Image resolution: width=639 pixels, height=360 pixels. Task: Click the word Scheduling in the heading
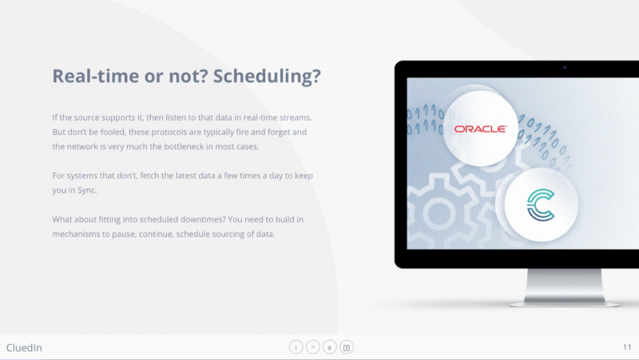click(x=267, y=76)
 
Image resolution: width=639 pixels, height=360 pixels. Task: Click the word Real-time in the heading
click(x=95, y=76)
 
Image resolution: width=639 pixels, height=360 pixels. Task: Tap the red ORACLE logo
click(x=481, y=129)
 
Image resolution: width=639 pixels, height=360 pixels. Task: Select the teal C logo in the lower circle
click(x=541, y=205)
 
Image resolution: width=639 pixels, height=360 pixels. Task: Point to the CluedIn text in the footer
click(x=24, y=348)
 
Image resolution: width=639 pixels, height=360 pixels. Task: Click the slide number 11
click(x=627, y=347)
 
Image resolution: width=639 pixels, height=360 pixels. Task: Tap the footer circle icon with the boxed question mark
click(x=347, y=347)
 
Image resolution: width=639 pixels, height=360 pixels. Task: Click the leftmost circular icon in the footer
click(x=296, y=347)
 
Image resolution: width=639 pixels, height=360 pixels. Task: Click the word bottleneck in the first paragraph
click(x=184, y=147)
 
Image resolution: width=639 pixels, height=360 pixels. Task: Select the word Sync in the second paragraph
click(x=87, y=191)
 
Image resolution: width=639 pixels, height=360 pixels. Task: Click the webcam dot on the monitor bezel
click(x=565, y=67)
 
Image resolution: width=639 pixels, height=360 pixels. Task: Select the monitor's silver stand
click(x=565, y=287)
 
